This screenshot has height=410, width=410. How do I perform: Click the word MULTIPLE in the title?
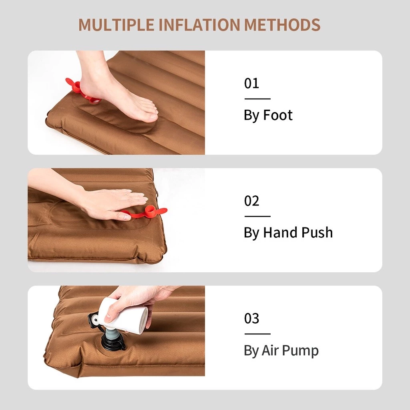117,25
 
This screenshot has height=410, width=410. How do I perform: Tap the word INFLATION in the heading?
199,25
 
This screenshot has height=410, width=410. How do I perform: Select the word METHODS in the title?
282,25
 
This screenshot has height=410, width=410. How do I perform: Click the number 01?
251,83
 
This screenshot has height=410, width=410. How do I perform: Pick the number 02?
251,201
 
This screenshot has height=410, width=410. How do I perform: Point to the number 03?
251,318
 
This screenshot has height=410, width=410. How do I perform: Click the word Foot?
278,115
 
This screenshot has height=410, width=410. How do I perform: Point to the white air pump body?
123,315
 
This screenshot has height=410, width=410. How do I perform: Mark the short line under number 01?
257,99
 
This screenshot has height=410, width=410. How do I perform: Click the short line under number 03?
257,334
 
